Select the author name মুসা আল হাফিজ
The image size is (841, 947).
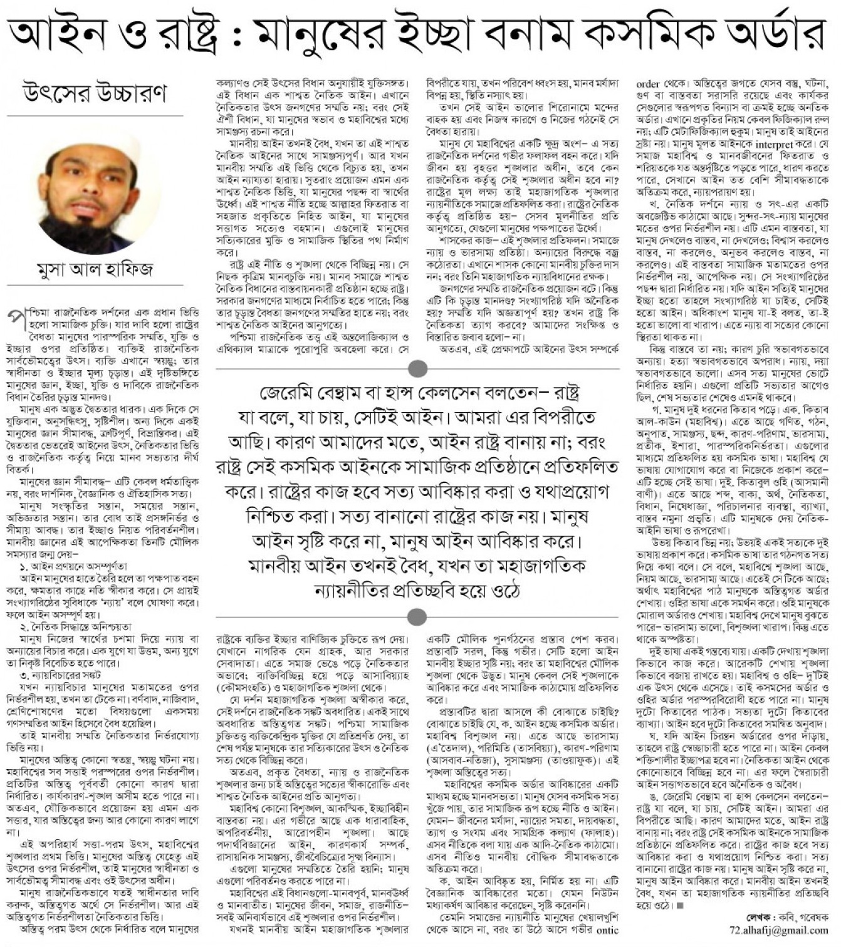pos(95,270)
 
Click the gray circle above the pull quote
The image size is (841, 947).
pos(417,368)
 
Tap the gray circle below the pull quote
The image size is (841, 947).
pos(417,616)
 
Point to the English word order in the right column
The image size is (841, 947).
pos(647,83)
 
